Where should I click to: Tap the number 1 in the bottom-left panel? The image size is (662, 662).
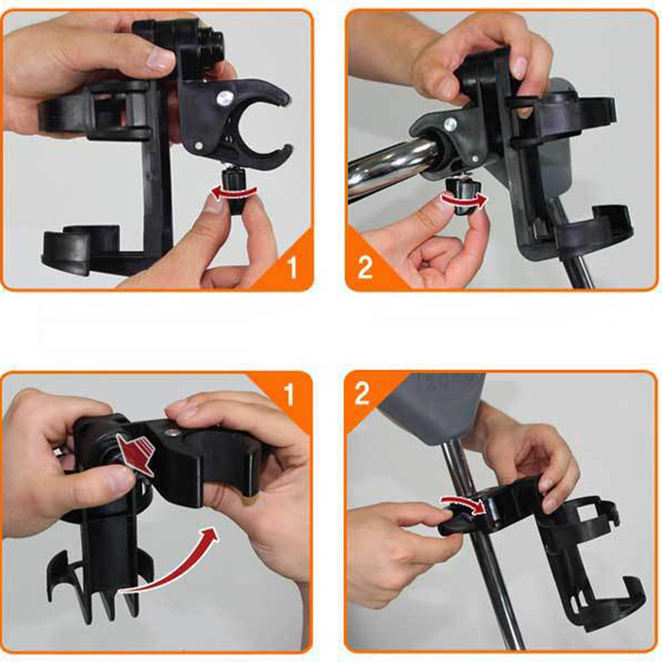pyautogui.click(x=289, y=394)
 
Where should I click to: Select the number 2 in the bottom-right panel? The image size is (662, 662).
pyautogui.click(x=362, y=393)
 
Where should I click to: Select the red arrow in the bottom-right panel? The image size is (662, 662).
pyautogui.click(x=462, y=504)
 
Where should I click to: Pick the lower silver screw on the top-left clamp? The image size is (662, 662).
pyautogui.click(x=198, y=147)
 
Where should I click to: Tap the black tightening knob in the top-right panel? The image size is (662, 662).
pyautogui.click(x=462, y=196)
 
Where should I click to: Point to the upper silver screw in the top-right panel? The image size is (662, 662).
pyautogui.click(x=450, y=124)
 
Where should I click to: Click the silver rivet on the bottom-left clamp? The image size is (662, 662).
pyautogui.click(x=172, y=432)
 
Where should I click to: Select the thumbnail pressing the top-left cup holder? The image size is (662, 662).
pyautogui.click(x=159, y=59)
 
